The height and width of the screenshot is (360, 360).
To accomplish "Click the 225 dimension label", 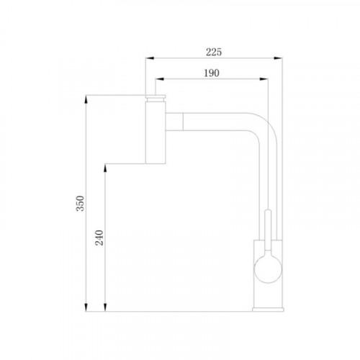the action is coord(214,52).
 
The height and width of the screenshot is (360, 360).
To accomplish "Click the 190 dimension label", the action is coord(212,73).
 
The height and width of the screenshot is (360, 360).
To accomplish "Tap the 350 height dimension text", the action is coord(80,203).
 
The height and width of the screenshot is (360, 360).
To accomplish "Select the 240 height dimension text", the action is coord(99,238).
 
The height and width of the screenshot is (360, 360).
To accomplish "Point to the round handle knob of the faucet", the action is coord(268,269).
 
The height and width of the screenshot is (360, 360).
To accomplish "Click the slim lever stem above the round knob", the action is coord(268,230).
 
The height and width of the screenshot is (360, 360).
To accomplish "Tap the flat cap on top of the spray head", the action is coord(156,96).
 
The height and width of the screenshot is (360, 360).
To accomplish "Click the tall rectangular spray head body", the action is coord(156,132).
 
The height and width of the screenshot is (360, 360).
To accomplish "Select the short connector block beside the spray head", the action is coord(174,122).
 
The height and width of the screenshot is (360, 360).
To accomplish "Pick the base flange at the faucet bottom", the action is coord(268,310).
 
